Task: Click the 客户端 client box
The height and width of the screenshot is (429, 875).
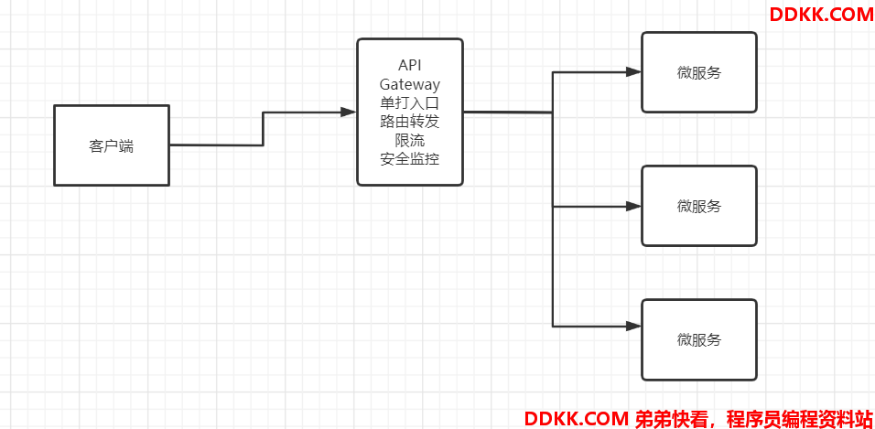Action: [112, 145]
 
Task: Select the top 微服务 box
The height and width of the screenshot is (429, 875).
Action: [699, 72]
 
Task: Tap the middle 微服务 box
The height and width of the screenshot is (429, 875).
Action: [699, 206]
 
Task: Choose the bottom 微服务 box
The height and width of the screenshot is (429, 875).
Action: [699, 339]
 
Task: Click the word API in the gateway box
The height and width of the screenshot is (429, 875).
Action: [410, 65]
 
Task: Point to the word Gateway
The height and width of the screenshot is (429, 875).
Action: [410, 85]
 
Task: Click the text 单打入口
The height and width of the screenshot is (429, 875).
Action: [410, 102]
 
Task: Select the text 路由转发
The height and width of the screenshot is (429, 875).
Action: [410, 121]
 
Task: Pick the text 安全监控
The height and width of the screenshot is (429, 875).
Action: [410, 159]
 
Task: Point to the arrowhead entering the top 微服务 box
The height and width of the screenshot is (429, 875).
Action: [634, 71]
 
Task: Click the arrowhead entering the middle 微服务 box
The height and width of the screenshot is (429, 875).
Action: [634, 207]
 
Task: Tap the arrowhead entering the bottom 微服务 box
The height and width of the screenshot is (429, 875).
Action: [634, 326]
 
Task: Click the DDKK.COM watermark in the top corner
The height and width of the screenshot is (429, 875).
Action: [821, 15]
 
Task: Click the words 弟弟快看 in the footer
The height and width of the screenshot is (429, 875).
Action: [672, 418]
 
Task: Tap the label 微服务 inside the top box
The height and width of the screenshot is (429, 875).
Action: [699, 73]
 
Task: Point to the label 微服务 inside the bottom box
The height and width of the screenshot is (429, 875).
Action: [699, 339]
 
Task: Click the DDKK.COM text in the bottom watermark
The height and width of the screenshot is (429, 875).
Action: [577, 418]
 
